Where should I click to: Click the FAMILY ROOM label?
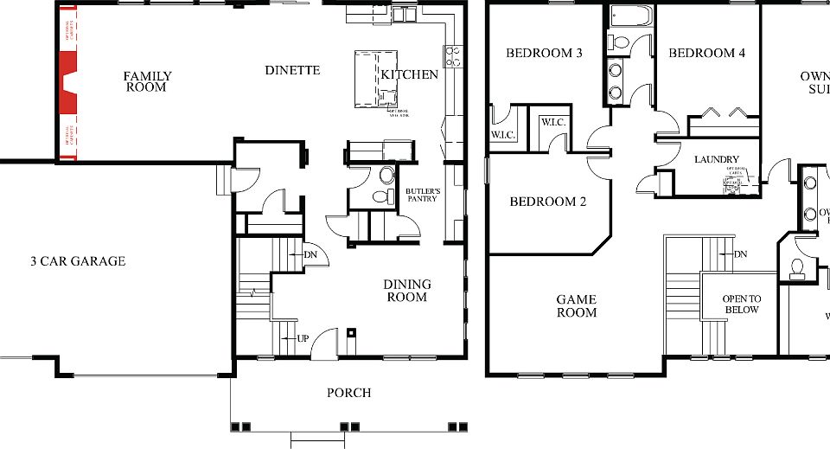pyautogui.click(x=147, y=81)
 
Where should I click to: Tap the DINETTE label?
pyautogui.click(x=292, y=70)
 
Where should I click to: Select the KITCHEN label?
pyautogui.click(x=410, y=74)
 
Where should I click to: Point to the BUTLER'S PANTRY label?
pyautogui.click(x=423, y=195)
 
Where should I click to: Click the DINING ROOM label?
pyautogui.click(x=407, y=291)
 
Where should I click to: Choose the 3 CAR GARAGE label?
pyautogui.click(x=78, y=261)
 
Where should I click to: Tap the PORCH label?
pyautogui.click(x=348, y=393)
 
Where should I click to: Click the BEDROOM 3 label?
pyautogui.click(x=544, y=54)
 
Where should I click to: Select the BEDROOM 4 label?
pyautogui.click(x=706, y=54)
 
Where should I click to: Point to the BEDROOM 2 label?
pyautogui.click(x=548, y=202)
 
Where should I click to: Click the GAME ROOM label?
pyautogui.click(x=577, y=306)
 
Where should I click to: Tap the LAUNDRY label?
pyautogui.click(x=717, y=159)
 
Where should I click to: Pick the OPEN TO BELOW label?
pyautogui.click(x=741, y=304)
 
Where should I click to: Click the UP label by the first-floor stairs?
pyautogui.click(x=302, y=337)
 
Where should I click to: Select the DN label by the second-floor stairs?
pyautogui.click(x=740, y=254)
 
